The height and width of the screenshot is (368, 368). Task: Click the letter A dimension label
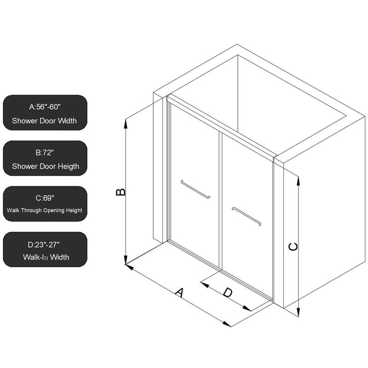click(180, 293)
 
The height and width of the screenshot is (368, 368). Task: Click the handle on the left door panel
click(196, 189)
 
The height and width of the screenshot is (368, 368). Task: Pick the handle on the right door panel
click(247, 216)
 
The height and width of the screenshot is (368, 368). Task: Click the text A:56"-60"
click(44, 107)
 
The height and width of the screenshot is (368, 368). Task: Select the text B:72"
click(45, 152)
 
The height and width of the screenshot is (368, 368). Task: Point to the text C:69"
click(45, 198)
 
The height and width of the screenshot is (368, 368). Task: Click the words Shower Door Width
click(44, 121)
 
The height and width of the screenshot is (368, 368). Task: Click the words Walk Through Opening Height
click(45, 211)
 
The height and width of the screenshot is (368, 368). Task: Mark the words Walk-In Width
click(46, 257)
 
